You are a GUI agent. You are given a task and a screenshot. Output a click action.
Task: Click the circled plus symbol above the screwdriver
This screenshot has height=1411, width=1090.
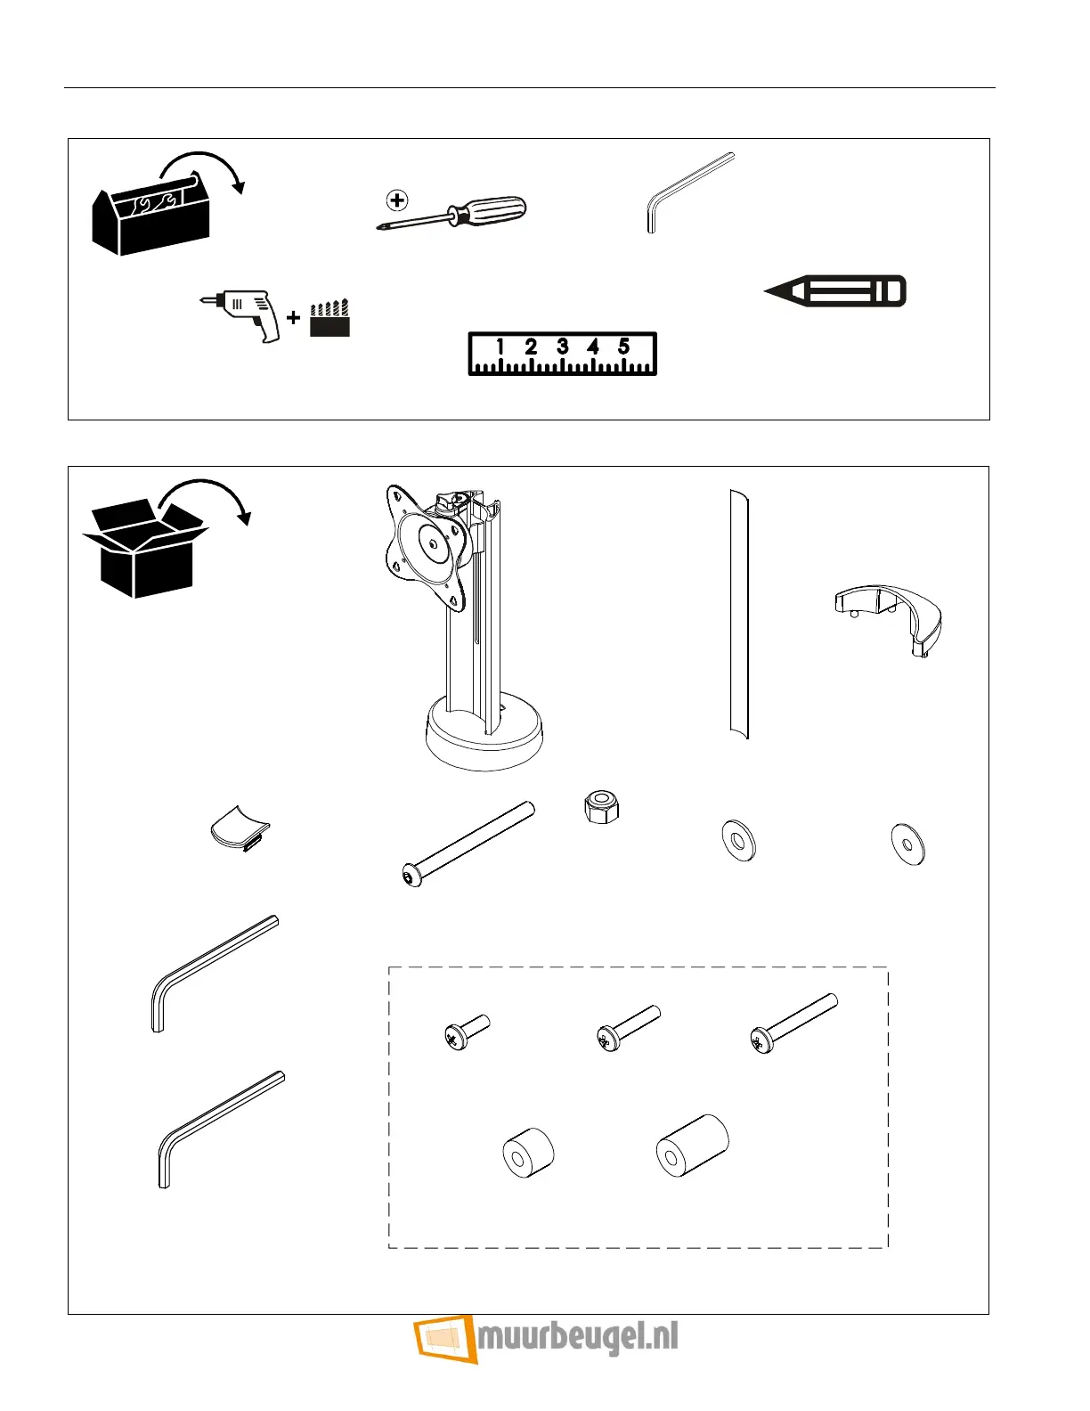click(x=398, y=200)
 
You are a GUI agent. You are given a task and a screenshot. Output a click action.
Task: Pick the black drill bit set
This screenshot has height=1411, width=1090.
click(x=329, y=319)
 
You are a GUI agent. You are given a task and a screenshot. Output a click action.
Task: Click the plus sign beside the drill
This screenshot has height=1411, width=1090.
click(x=293, y=317)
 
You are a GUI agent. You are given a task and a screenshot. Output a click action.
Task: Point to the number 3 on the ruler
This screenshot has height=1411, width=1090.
click(x=562, y=347)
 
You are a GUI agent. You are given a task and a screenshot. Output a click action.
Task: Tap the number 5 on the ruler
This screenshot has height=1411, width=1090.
click(x=623, y=347)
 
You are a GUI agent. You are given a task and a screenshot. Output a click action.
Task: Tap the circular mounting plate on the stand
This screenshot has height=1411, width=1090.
click(x=432, y=542)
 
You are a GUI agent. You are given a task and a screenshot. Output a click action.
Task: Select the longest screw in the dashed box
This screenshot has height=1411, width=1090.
click(x=793, y=1024)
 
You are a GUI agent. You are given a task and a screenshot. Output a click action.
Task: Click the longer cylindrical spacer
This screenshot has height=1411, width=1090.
click(x=692, y=1146)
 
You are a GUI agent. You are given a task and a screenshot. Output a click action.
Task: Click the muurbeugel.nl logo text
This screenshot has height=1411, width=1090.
click(x=577, y=1338)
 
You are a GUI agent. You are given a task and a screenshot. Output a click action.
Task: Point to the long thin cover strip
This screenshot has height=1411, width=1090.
click(x=738, y=615)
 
